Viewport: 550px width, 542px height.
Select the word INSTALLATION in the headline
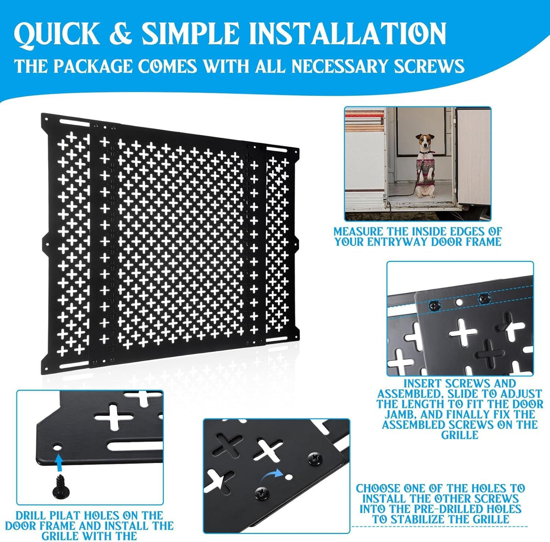(x=347, y=34)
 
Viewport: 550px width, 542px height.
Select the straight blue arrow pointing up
(x=58, y=462)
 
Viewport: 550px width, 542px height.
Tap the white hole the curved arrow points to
(x=289, y=477)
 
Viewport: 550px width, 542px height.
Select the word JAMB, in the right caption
(x=399, y=415)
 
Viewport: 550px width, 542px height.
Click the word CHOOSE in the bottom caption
(x=378, y=488)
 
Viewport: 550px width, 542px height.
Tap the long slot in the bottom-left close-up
(x=136, y=447)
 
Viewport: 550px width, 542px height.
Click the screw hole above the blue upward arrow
(x=57, y=448)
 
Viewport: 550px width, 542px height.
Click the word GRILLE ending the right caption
(x=459, y=435)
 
